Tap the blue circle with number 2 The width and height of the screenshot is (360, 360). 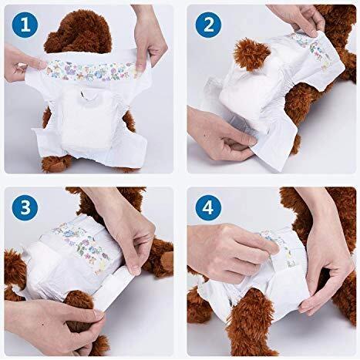pos(209,28)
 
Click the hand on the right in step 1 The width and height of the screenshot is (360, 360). pos(152,39)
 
